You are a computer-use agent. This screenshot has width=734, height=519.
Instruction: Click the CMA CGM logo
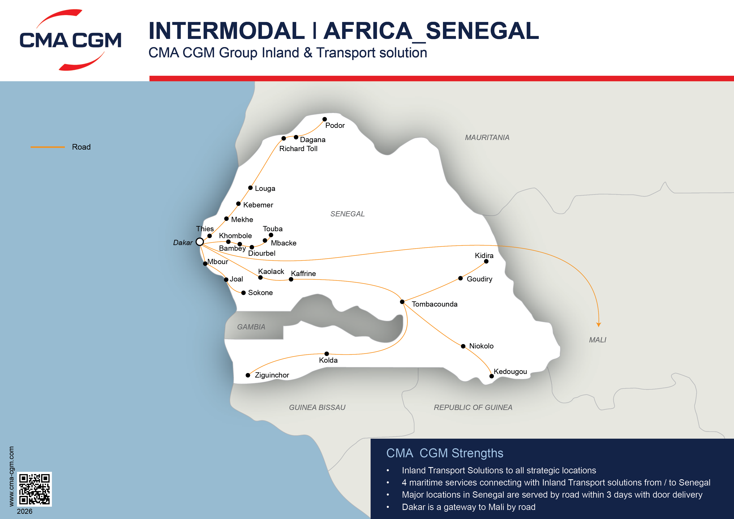(70, 40)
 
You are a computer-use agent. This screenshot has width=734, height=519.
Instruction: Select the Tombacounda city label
(434, 304)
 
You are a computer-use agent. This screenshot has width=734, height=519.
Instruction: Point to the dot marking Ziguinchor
(248, 375)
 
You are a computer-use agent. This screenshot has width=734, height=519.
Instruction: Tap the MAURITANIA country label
(487, 137)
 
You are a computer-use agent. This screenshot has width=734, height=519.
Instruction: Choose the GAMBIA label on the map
(251, 327)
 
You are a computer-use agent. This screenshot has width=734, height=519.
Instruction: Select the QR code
(34, 489)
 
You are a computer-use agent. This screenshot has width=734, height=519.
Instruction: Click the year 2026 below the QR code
(25, 511)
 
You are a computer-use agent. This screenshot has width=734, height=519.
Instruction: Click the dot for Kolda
(327, 354)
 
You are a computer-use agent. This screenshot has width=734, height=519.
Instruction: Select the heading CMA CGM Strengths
(444, 453)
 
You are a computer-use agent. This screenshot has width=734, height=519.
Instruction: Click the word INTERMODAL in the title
(226, 31)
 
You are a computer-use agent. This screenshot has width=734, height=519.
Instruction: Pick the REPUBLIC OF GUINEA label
(473, 407)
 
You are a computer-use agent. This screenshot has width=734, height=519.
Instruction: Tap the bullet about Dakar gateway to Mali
(468, 507)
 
